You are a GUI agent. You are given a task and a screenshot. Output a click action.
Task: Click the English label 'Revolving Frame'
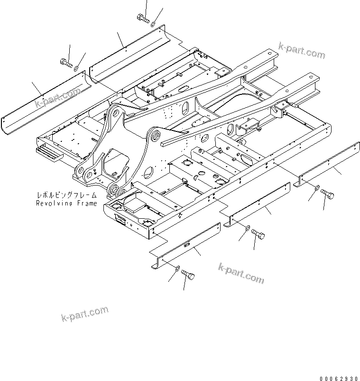(x=66, y=203)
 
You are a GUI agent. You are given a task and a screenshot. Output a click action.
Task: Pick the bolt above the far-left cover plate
(x=65, y=62)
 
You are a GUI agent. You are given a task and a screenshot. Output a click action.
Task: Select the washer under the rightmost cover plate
(x=316, y=188)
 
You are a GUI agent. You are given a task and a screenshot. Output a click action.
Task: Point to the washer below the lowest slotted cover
(x=177, y=269)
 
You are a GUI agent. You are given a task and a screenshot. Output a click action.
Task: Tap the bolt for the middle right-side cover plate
(x=258, y=233)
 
